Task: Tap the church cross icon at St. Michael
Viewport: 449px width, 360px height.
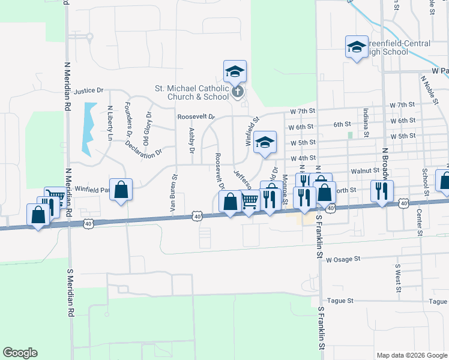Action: [238, 92]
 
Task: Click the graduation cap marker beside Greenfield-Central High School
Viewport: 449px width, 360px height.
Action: [356, 47]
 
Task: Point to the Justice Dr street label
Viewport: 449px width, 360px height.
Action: [89, 91]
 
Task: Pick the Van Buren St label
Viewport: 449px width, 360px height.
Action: [175, 187]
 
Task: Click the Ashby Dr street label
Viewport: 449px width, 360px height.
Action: [191, 140]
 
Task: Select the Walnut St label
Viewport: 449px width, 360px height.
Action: [363, 171]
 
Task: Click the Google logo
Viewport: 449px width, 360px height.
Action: [20, 353]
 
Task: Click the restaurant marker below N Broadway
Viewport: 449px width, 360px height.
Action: [381, 191]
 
